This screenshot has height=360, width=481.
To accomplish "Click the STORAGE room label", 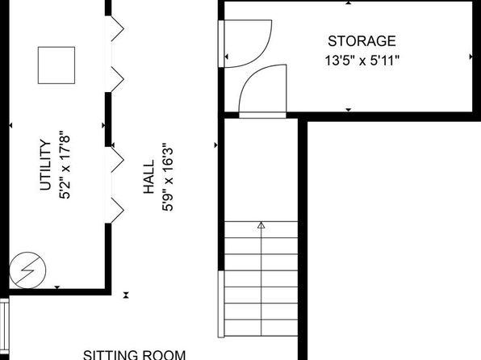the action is click(362, 41).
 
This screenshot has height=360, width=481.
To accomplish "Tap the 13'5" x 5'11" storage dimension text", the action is click(362, 61).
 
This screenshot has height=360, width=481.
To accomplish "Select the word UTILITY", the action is click(45, 165).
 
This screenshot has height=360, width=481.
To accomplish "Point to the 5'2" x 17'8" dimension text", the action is click(65, 165).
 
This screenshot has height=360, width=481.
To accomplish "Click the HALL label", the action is click(148, 177).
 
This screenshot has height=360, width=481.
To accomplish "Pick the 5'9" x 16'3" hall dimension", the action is click(168, 177).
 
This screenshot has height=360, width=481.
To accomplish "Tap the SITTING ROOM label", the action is click(134, 355).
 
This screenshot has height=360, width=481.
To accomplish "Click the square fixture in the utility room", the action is click(56, 65).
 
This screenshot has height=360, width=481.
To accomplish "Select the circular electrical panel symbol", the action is click(27, 270).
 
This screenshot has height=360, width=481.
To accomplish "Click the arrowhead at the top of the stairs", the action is click(261, 225).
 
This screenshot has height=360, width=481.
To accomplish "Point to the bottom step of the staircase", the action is click(261, 328).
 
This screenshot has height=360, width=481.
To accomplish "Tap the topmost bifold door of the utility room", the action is click(118, 29).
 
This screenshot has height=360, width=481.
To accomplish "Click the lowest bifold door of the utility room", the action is click(118, 210).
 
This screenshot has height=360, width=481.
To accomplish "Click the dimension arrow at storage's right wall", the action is click(471, 57).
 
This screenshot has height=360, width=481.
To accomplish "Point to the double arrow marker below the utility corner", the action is click(126, 295).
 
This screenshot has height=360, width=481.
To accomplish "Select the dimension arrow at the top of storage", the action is click(349, 2).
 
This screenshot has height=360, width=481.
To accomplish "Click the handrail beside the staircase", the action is click(221, 303).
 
